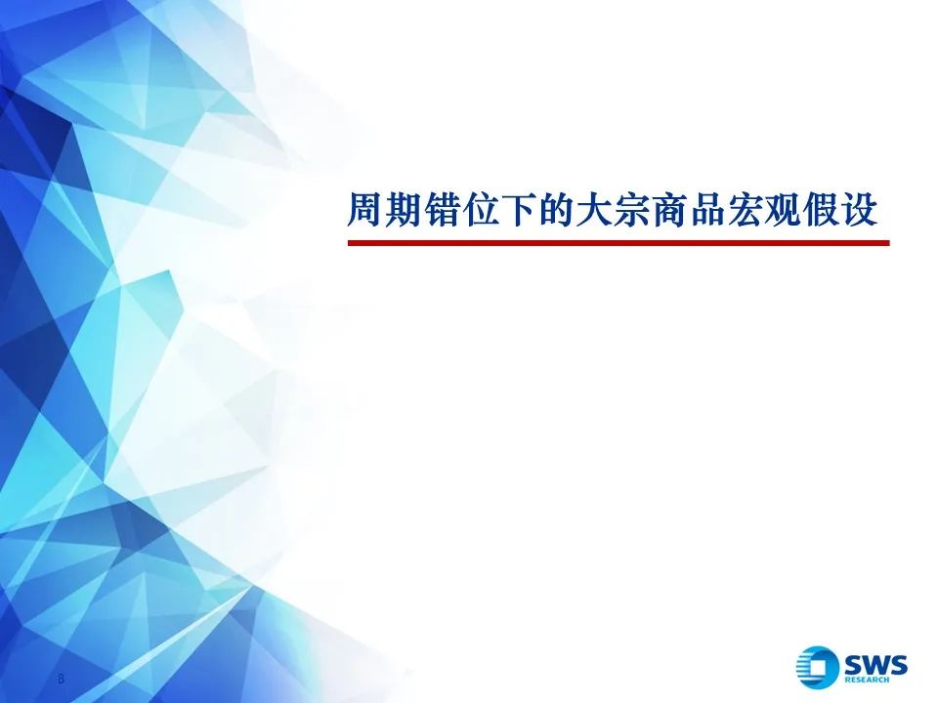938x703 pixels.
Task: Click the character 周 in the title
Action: click(365, 211)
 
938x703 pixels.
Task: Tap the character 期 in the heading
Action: click(404, 211)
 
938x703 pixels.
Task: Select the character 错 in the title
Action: click(442, 211)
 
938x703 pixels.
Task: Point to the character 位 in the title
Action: click(479, 211)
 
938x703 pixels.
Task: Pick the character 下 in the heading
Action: click(518, 211)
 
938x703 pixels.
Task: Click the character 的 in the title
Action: click(555, 211)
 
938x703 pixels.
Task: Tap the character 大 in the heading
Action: click(593, 211)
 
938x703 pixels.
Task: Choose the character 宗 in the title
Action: click(631, 211)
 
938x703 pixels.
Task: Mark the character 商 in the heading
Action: click(669, 211)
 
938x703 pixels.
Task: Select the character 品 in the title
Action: click(707, 211)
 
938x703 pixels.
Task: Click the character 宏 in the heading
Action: click(746, 211)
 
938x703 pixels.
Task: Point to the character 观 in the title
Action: click(783, 211)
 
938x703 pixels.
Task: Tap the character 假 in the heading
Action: click(822, 211)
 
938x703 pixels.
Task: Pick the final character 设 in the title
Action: click(859, 211)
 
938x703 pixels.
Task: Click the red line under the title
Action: click(618, 243)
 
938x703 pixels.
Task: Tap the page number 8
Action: click(61, 679)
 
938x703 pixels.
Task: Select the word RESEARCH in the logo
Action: click(867, 680)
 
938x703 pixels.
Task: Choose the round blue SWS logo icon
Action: click(817, 667)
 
